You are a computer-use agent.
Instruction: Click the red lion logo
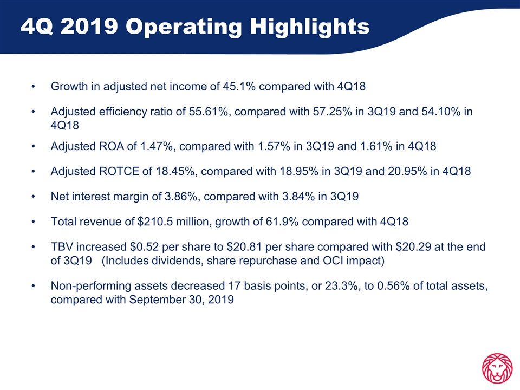(497, 369)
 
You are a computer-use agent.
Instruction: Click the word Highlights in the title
(310, 27)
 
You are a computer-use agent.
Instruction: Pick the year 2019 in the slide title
(89, 26)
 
